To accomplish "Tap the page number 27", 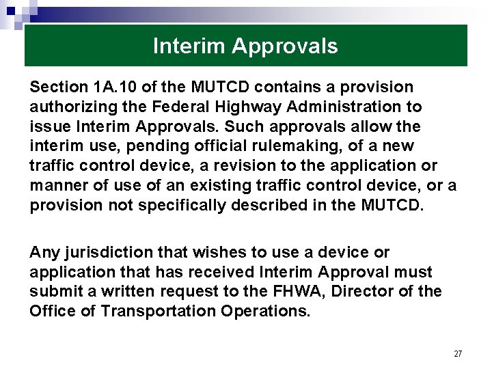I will pyautogui.click(x=458, y=353).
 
